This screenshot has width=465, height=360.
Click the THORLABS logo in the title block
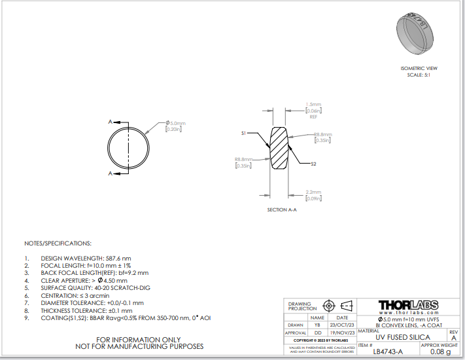[408, 306]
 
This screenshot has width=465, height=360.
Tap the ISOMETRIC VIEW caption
[418, 68]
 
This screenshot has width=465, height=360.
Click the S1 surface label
[243, 133]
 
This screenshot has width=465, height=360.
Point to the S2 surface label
[313, 164]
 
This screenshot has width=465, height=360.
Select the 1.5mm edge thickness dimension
[313, 104]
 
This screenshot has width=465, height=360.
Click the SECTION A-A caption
[282, 209]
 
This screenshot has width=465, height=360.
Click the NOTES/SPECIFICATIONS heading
[58, 243]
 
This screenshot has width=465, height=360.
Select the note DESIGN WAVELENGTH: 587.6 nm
[85, 259]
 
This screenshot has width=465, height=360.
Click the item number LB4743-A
[388, 351]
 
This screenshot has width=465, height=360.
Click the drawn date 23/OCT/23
[342, 325]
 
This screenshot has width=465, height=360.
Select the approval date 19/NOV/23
[342, 333]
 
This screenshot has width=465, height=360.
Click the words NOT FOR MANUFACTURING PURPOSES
[139, 346]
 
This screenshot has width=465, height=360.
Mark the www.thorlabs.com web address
[408, 314]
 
